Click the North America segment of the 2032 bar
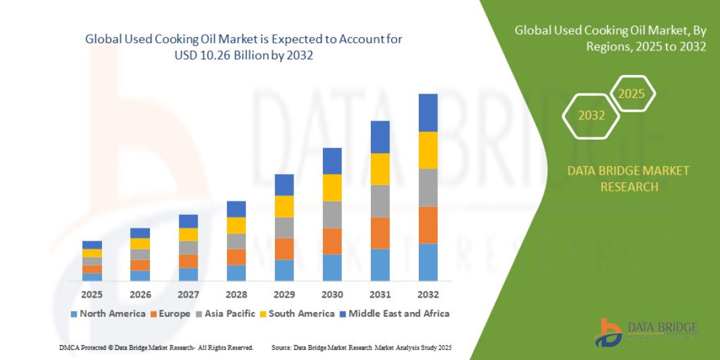point(428,262)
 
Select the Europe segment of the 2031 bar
point(380,233)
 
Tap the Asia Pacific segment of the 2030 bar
point(332,214)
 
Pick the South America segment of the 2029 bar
point(284,206)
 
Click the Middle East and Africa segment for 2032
point(428,113)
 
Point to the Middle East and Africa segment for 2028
point(236,209)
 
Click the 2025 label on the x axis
point(92,295)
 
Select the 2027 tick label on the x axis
point(188,295)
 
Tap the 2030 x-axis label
point(332,295)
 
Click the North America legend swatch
point(74,314)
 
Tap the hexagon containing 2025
point(631,94)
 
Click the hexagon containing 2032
point(591,116)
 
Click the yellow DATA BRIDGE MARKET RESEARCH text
point(628,179)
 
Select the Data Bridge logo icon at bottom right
point(608,332)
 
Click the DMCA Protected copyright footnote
point(156,348)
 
